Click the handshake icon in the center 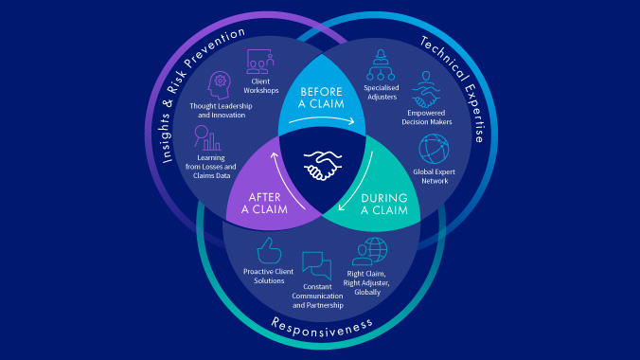[320, 168]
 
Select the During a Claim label [386, 205]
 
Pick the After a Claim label [254, 204]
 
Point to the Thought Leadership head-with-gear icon [219, 83]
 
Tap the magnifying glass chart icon [205, 138]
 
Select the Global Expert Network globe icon [436, 147]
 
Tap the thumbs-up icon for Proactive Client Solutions [270, 251]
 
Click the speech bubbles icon [316, 264]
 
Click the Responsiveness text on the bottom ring [322, 325]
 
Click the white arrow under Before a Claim [322, 121]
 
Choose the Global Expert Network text [436, 177]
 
